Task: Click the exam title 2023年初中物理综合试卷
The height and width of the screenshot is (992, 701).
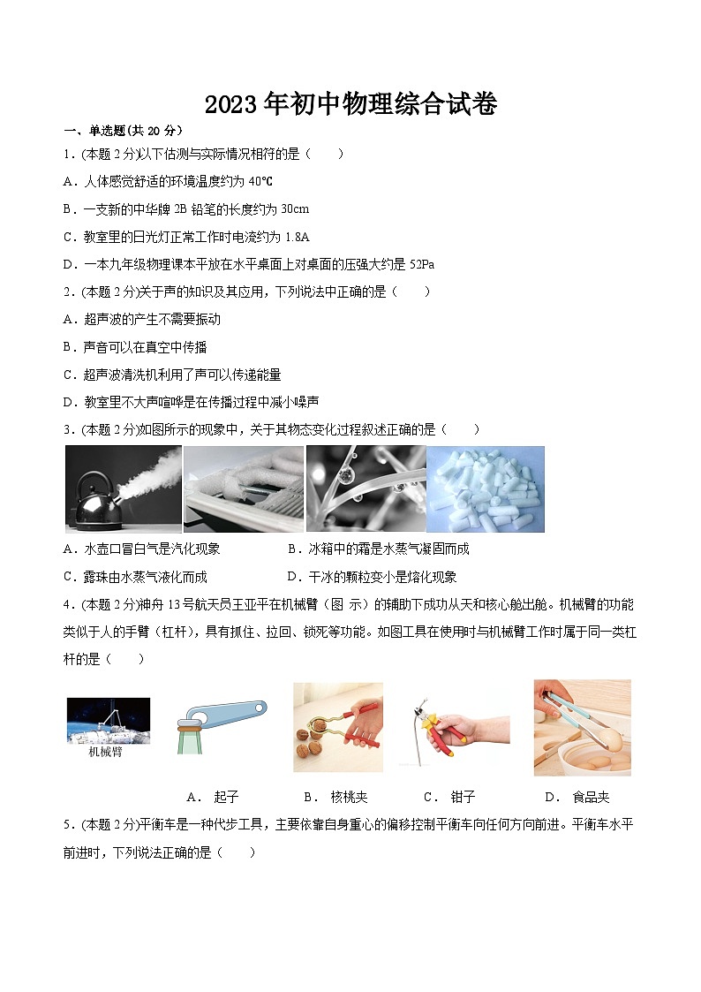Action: (x=350, y=105)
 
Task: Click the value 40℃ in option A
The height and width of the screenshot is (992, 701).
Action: (x=255, y=181)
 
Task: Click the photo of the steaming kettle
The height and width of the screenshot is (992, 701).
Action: (x=124, y=488)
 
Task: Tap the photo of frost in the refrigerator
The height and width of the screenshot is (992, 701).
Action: (x=244, y=488)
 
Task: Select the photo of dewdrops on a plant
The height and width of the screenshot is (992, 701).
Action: (x=366, y=488)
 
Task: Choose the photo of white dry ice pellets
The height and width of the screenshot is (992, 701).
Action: (x=486, y=488)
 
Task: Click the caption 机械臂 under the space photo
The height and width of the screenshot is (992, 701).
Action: (x=105, y=753)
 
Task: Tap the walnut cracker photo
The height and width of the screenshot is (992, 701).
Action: (x=337, y=727)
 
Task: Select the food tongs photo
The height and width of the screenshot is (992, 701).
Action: (x=582, y=727)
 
